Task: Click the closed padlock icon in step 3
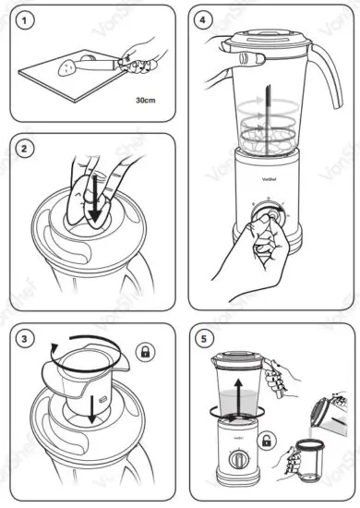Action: (x=145, y=351)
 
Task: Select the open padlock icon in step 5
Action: (x=267, y=443)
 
